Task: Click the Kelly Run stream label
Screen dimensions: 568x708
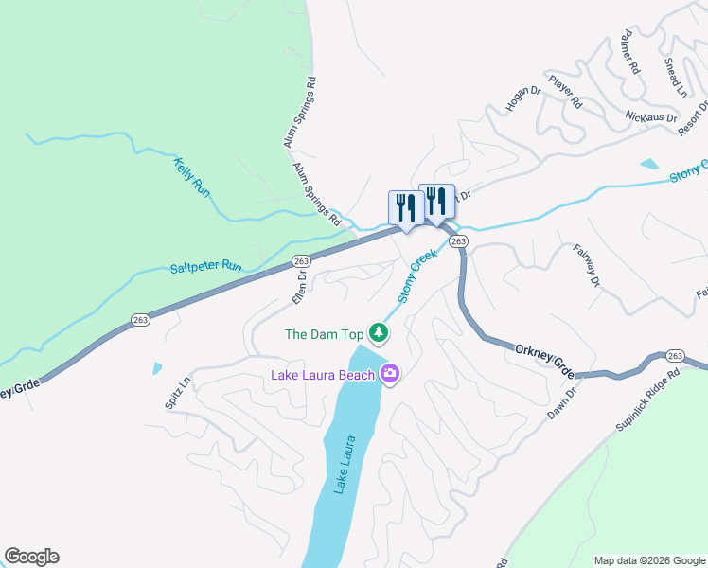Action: tap(191, 176)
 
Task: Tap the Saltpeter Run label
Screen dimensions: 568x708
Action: tap(205, 267)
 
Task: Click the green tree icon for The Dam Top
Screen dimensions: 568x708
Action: tap(379, 332)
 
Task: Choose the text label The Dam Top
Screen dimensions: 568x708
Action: tap(325, 334)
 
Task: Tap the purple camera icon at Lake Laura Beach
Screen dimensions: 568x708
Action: tap(389, 375)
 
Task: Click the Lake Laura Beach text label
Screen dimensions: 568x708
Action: tap(323, 375)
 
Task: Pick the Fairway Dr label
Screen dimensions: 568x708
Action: tap(587, 266)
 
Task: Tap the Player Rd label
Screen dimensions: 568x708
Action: tap(565, 91)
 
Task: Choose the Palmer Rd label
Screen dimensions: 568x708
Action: tap(629, 57)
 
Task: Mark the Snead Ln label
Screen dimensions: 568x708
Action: tap(675, 77)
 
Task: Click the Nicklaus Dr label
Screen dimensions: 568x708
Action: tap(651, 117)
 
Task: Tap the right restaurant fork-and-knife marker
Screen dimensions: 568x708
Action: tap(436, 201)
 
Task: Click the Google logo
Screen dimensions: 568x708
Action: tap(31, 557)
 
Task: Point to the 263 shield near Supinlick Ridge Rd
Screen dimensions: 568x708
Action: tap(675, 355)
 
